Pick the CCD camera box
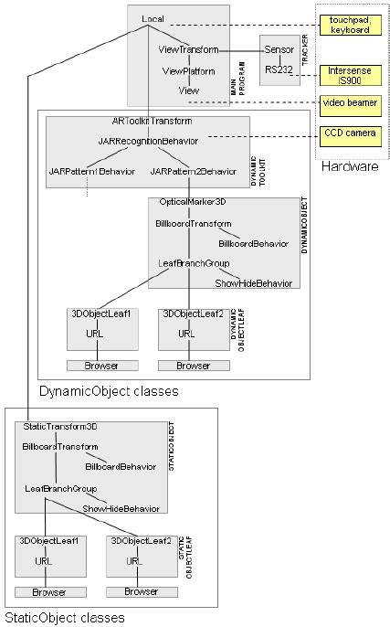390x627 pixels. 349,133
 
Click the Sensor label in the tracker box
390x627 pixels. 279,49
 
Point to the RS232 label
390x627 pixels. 279,69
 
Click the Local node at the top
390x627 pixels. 153,19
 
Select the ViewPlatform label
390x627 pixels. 186,70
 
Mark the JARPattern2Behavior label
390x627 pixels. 193,172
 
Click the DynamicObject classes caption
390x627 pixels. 108,391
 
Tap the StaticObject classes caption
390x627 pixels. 64,618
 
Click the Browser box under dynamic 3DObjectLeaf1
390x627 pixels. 102,366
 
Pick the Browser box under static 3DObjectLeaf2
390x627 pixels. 141,591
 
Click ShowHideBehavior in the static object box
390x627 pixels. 121,508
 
